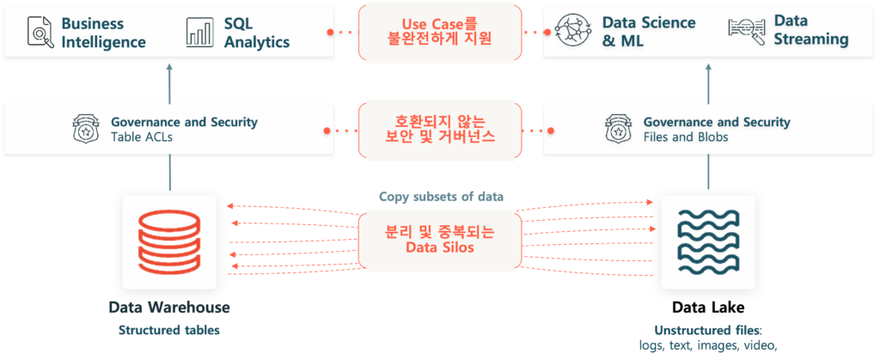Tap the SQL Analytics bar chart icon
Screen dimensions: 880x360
199,32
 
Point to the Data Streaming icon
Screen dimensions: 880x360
747,31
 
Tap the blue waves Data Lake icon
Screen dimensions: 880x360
708,241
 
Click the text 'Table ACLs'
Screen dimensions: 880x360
142,137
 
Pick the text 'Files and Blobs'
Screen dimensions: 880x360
685,137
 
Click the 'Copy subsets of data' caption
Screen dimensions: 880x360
441,197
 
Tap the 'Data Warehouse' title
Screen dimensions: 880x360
169,308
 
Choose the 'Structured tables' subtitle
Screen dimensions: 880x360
169,330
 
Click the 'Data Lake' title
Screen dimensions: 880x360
708,308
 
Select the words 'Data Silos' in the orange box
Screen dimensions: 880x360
440,247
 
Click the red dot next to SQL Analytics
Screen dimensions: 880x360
330,32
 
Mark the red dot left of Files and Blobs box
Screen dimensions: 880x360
551,131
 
